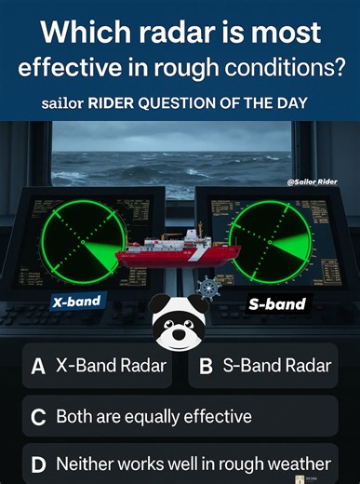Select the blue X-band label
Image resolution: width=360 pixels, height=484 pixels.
pyautogui.click(x=76, y=302)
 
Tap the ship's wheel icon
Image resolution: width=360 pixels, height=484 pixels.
pyautogui.click(x=207, y=289)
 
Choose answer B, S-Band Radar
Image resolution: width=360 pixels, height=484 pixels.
pyautogui.click(x=265, y=366)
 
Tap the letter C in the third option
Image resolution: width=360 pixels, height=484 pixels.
pyautogui.click(x=38, y=417)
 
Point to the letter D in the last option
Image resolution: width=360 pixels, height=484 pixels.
pyautogui.click(x=38, y=464)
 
